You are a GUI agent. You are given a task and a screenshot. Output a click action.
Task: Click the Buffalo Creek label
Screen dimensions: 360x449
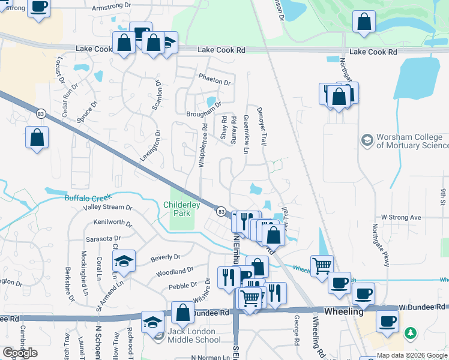pyautogui.click(x=89, y=197)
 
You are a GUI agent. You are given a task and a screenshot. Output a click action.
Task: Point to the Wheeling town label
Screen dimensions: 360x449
pyautogui.click(x=343, y=312)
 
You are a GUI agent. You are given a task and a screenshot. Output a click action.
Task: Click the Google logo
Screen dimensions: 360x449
pyautogui.click(x=20, y=353)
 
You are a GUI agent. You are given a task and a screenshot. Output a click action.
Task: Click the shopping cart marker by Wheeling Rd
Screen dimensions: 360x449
pyautogui.click(x=322, y=266)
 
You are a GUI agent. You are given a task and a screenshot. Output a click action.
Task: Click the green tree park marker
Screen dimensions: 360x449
pyautogui.click(x=411, y=332)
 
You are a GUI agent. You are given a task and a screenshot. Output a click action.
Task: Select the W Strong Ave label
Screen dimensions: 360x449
pyautogui.click(x=402, y=217)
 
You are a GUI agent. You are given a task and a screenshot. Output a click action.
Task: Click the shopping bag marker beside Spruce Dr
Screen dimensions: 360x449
pyautogui.click(x=37, y=138)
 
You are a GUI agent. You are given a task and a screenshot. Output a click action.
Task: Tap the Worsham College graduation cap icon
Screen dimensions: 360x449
pyautogui.click(x=366, y=140)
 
